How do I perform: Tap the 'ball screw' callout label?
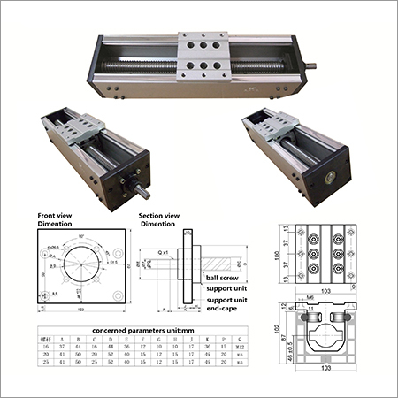(x=223, y=276)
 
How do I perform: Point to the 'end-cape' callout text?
(x=225, y=310)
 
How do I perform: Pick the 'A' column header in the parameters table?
(x=64, y=340)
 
